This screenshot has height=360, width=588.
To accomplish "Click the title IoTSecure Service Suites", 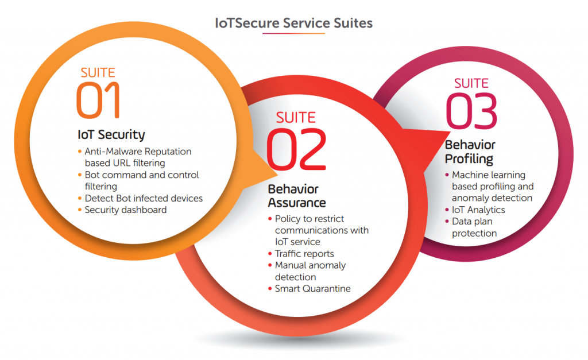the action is click(x=293, y=23).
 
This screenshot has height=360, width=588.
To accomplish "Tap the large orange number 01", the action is click(x=98, y=100).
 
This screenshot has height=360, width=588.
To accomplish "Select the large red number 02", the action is click(x=296, y=149).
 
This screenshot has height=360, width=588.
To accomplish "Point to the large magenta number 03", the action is click(x=471, y=111).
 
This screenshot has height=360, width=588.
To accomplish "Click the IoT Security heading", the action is click(x=111, y=134).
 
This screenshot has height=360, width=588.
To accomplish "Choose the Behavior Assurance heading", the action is click(x=297, y=196).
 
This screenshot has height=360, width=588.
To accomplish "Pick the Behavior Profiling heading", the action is click(x=470, y=152).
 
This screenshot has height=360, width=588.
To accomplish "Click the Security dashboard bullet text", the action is click(x=126, y=210).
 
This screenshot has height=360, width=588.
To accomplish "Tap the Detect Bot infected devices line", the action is click(x=144, y=198).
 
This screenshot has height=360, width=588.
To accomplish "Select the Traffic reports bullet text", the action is click(x=304, y=254).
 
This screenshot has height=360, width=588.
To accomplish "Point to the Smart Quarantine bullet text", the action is click(x=313, y=288).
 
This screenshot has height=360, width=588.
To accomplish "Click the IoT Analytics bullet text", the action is click(x=478, y=210).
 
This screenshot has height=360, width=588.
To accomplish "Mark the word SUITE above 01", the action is click(x=98, y=72).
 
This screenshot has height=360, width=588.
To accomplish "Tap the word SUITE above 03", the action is click(x=471, y=83).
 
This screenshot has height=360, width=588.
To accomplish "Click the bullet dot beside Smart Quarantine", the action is click(x=270, y=289).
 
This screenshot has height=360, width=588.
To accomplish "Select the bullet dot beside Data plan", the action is click(x=447, y=221).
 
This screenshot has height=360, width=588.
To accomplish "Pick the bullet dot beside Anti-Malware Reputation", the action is click(x=79, y=152).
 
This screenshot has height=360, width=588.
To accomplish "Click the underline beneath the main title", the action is click(x=293, y=33).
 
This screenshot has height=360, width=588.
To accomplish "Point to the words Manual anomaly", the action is click(x=310, y=265).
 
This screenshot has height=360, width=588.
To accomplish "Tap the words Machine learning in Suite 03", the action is click(x=489, y=175).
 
